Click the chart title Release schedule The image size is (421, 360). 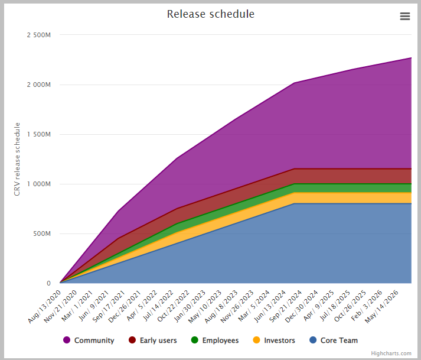pos(210,14)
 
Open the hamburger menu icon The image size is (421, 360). pos(404,17)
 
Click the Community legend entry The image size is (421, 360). pos(94,340)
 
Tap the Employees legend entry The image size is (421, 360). pos(220,340)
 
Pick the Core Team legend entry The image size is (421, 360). pos(339,340)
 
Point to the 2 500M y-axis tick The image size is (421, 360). pos(39,35)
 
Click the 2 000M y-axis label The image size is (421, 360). pos(39,85)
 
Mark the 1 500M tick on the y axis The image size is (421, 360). pos(39,134)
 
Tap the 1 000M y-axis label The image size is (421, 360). pos(39,184)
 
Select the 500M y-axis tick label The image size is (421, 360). pos(41,233)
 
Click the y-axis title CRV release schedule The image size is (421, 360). pos(18,159)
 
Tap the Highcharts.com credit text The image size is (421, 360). pos(391,353)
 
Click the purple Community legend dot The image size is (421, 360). pos(67,340)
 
